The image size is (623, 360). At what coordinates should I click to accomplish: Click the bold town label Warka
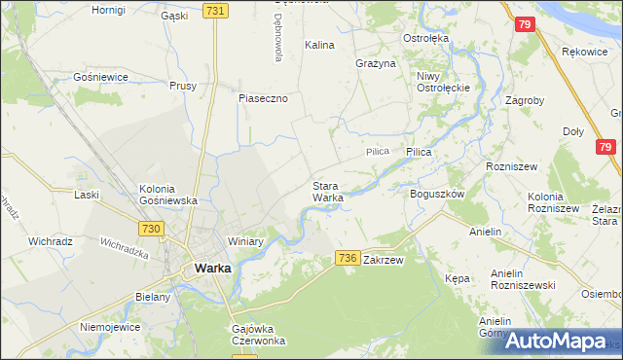coord(211,268)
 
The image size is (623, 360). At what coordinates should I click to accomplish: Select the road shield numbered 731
coord(216,10)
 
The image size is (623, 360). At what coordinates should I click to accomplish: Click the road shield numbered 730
coord(149,228)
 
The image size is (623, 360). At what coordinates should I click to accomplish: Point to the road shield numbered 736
coord(348,257)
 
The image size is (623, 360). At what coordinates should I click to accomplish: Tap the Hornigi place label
coord(108,10)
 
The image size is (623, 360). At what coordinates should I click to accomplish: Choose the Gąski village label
coord(174,16)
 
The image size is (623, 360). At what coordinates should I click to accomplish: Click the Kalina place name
coord(319,45)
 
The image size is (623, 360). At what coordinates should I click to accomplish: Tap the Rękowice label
coord(584,52)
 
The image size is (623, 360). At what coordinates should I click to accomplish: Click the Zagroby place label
coord(525,100)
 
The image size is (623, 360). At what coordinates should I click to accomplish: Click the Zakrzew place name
coord(383,261)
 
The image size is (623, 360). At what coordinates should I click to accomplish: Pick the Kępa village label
coord(457,278)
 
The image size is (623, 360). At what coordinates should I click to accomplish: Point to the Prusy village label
coord(183,86)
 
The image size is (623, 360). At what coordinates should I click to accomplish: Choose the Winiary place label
coord(246,241)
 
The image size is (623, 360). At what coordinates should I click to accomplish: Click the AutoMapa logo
coord(556,341)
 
